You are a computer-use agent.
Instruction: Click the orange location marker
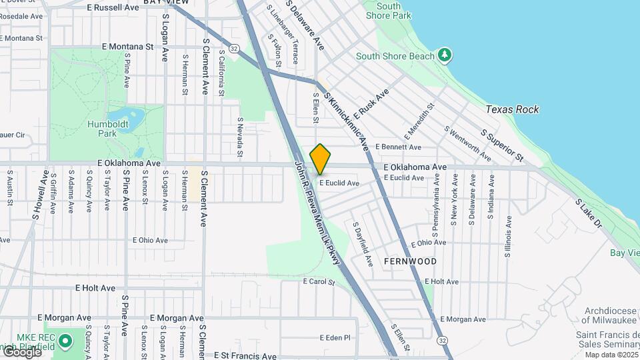tap(320, 159)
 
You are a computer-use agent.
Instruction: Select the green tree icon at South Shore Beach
tap(445, 55)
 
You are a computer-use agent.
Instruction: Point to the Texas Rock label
tap(512, 109)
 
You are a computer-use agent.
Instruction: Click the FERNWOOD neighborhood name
tap(411, 261)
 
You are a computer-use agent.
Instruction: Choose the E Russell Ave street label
tap(113, 7)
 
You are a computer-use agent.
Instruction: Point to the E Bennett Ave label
tap(398, 147)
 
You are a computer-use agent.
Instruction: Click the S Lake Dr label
tap(589, 213)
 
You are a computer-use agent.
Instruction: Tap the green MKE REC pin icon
tap(65, 342)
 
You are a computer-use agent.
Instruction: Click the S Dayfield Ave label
tap(363, 245)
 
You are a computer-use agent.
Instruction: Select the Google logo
tap(22, 351)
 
